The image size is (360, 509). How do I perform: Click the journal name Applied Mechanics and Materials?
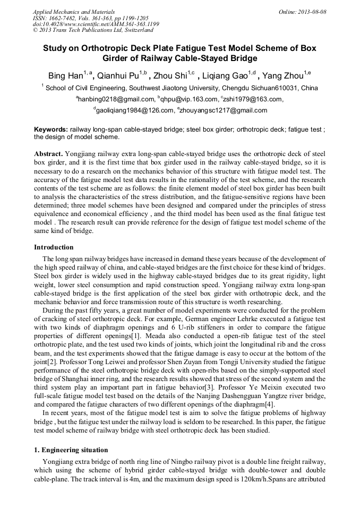click(x=74, y=12)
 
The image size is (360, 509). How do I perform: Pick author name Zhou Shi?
click(x=169, y=75)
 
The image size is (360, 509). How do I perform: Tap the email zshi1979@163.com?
click(x=253, y=99)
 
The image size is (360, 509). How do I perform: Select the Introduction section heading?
click(x=54, y=247)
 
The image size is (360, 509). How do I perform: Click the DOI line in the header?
click(x=96, y=24)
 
